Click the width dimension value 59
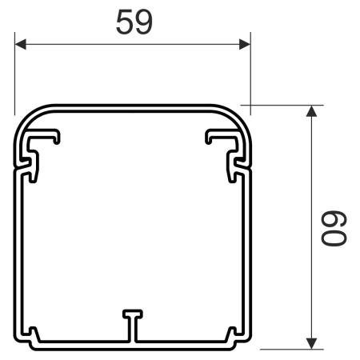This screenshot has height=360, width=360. [134, 22]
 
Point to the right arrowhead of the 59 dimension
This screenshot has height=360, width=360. [245, 44]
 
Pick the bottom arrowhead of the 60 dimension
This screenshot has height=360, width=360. [311, 342]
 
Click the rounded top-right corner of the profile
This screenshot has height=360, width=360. [240, 116]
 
